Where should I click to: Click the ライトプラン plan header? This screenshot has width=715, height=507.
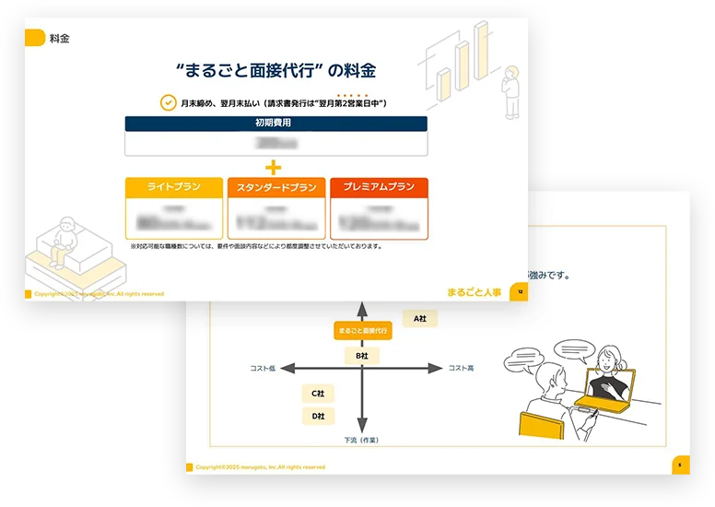(174, 187)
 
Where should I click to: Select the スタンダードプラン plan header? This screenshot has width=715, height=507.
(276, 187)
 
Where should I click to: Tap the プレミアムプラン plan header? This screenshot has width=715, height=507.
(379, 187)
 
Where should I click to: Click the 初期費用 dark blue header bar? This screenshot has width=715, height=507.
(276, 124)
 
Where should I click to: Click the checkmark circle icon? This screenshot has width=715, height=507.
(168, 103)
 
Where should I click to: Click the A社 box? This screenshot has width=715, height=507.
(419, 318)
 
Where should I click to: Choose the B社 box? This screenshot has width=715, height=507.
(362, 355)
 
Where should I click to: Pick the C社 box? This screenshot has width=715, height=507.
(318, 394)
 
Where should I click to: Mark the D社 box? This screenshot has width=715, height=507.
(318, 417)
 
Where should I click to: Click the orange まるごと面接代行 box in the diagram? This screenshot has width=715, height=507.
(363, 330)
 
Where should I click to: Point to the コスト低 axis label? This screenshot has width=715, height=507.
(263, 369)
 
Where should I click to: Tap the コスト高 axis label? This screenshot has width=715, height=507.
(461, 369)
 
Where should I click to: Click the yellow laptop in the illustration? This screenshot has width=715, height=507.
(599, 396)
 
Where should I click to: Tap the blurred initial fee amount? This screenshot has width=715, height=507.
(276, 144)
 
